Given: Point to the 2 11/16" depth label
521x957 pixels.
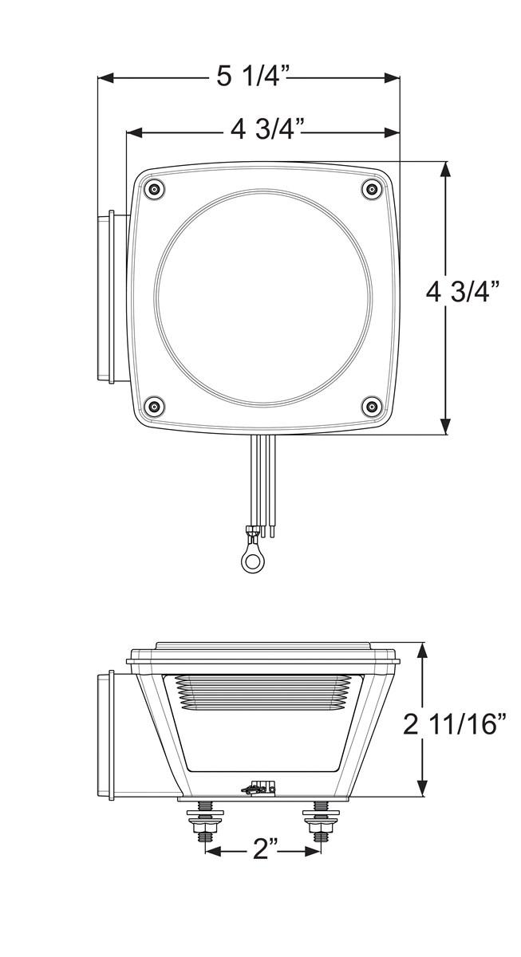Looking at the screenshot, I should pos(455,725).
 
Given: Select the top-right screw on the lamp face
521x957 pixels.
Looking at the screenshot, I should pos(370,189).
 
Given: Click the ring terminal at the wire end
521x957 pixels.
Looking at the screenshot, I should pos(253,561).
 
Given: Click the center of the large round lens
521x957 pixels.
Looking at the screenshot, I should pos(263,297).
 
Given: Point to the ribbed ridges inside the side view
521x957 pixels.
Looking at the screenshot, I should pos(263,691).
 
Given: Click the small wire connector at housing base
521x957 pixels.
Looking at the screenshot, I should pos(259,789).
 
